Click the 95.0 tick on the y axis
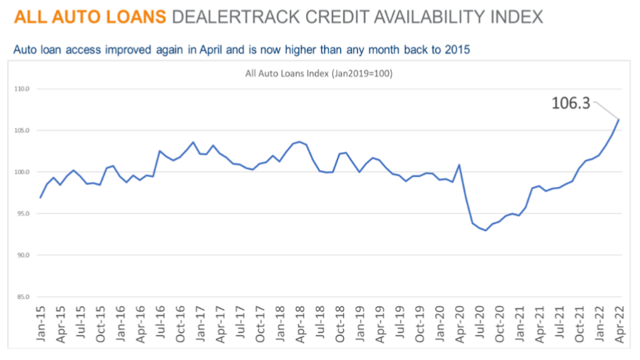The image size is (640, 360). [21, 214]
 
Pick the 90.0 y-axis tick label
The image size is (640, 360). [21, 255]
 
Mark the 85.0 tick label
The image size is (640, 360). [21, 297]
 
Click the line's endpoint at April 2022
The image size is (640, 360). [619, 119]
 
